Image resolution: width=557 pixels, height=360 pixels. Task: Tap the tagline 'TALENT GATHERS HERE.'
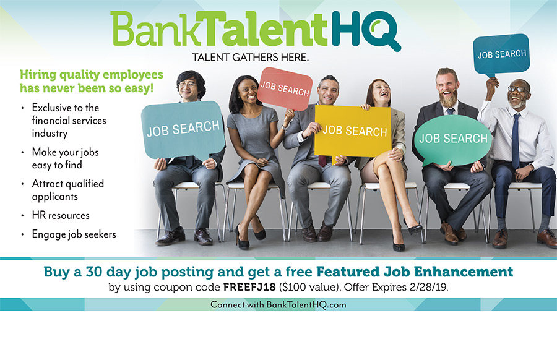click(251, 57)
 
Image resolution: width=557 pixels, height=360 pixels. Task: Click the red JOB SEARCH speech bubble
click(285, 88)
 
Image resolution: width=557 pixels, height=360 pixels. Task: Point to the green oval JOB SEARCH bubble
click(453, 140)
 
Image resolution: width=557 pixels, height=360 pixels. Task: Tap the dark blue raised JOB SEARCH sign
click(501, 54)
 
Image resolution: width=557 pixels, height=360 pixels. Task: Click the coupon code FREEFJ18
click(249, 287)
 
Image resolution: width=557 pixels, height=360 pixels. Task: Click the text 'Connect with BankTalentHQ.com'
click(278, 304)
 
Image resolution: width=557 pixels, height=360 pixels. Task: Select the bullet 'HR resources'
click(61, 215)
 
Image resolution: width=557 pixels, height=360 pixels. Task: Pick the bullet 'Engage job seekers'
click(74, 234)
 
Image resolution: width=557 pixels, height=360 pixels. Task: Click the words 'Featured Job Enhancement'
click(415, 272)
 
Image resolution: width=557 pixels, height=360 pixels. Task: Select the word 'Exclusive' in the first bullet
click(52, 108)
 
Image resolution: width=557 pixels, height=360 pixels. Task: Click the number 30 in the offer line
click(94, 272)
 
